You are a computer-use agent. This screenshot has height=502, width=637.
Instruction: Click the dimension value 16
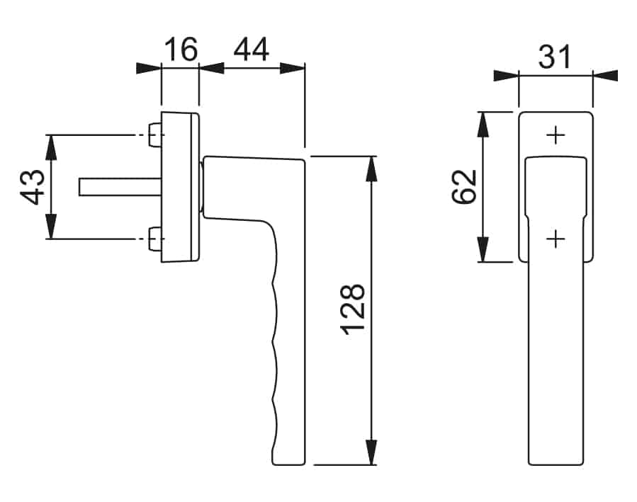181,49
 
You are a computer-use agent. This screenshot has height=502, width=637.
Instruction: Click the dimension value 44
252,49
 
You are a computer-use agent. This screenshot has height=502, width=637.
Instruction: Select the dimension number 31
555,57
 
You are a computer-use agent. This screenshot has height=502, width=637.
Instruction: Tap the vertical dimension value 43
33,187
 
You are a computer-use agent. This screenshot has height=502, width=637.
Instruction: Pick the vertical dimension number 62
464,186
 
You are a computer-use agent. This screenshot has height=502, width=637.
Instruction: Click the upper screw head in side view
154,135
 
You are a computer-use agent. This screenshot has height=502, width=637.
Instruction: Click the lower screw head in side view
154,239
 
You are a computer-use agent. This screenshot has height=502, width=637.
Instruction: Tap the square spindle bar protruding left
120,187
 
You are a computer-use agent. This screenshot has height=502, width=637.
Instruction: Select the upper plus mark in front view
556,135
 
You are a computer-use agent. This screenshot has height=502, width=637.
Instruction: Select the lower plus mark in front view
556,239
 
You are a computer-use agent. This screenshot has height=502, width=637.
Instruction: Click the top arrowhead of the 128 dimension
371,169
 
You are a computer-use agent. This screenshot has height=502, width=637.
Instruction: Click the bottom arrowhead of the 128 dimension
371,452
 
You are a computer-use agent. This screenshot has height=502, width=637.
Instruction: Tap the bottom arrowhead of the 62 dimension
483,249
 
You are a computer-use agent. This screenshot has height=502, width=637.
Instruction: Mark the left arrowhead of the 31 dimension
506,76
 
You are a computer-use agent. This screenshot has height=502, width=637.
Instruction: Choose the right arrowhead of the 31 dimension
605,76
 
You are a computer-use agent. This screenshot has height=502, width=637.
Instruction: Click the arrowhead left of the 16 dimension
149,68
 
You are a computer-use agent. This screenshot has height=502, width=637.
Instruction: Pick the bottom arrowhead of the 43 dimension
50,227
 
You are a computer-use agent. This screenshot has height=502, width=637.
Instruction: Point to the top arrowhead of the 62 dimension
483,125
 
